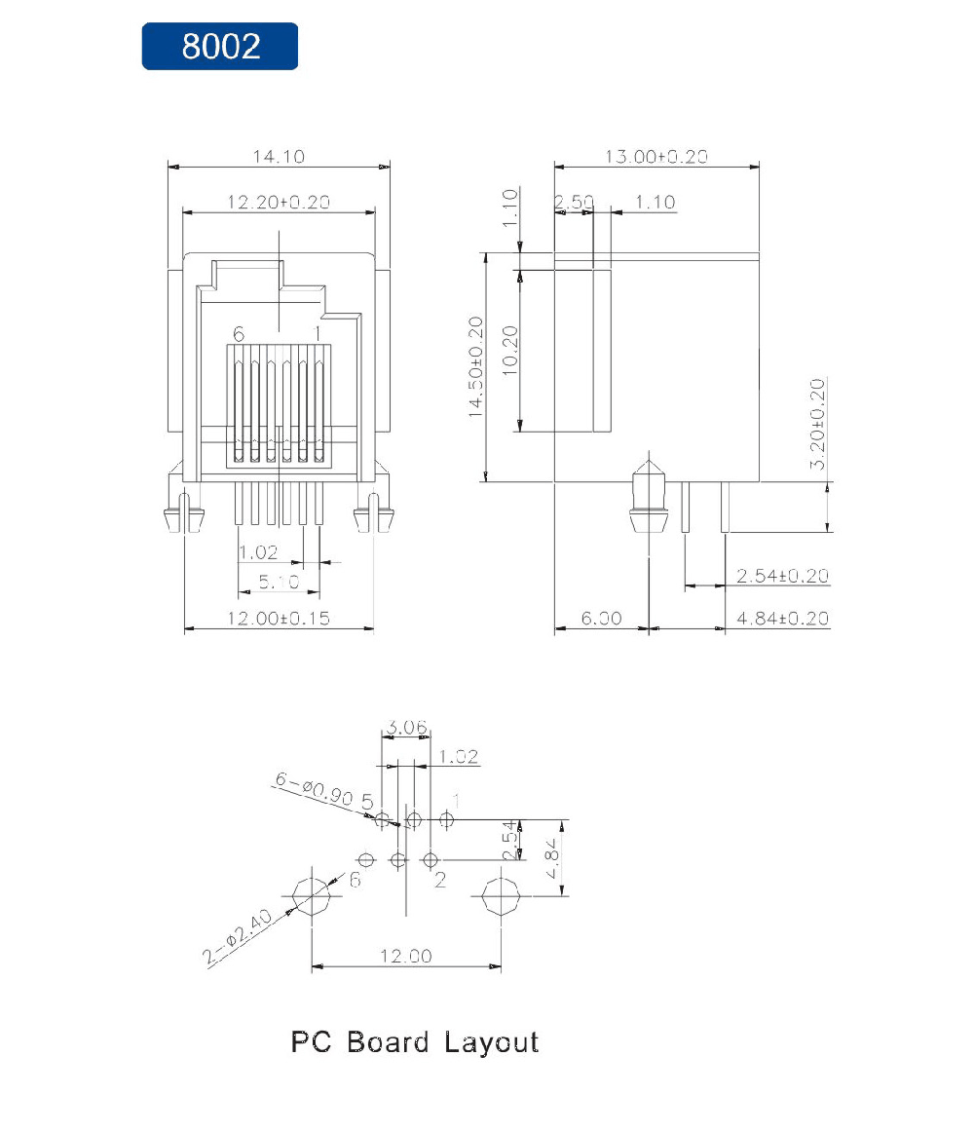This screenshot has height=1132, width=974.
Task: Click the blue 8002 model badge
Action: pos(219,46)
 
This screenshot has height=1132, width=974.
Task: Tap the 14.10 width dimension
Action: pos(279,157)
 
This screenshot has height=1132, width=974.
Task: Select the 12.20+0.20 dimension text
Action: pos(279,203)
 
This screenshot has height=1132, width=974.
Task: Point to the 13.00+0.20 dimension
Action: pos(656,157)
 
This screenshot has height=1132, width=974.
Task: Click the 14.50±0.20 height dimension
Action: pos(475,366)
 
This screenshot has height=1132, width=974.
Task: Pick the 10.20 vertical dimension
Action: pos(509,350)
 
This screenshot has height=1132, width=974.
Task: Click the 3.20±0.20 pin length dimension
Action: pos(816,425)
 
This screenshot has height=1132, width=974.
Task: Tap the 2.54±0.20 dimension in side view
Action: pos(783,576)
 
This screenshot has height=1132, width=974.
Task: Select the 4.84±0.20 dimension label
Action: pos(783,618)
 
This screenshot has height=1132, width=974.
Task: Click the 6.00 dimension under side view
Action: pos(601,618)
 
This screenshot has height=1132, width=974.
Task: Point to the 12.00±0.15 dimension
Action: pos(279,618)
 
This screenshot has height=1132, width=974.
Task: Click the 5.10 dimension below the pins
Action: pos(279,582)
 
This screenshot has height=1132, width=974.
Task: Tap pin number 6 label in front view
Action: pos(239,333)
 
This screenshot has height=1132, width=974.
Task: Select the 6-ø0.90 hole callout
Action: pos(314,788)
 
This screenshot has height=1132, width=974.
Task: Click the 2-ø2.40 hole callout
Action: pos(238,936)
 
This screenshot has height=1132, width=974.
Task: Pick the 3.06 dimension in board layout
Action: pos(406,727)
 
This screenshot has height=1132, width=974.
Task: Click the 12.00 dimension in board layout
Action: pos(406,956)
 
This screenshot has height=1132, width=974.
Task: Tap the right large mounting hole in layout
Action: pos(501,896)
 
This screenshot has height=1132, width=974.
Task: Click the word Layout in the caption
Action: pos(491,1042)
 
